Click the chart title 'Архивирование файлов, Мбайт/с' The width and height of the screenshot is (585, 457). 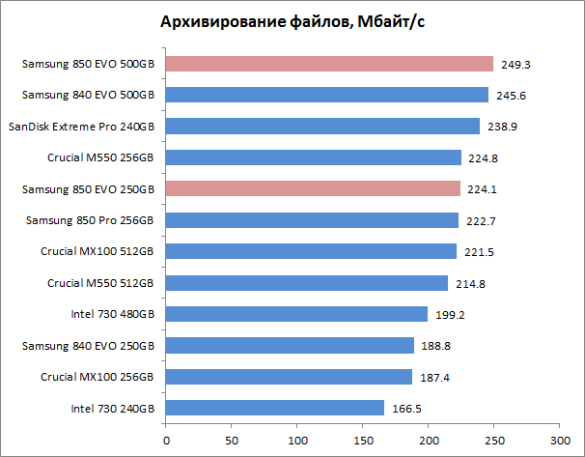[x=292, y=22]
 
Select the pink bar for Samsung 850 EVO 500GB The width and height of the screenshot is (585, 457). [x=329, y=64]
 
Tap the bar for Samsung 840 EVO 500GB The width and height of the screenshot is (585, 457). [x=327, y=95]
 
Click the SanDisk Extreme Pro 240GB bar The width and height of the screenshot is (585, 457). [x=323, y=126]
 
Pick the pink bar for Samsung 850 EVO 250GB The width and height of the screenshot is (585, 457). [x=314, y=188]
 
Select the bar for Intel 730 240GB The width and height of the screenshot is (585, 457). [x=275, y=408]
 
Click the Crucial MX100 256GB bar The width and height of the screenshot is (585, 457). [x=290, y=377]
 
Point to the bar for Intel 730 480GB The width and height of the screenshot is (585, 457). [x=296, y=314]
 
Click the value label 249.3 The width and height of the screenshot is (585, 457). [x=515, y=65]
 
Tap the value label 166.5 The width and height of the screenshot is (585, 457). [x=405, y=409]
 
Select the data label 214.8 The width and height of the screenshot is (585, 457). [x=469, y=283]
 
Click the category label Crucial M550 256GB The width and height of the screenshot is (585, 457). [x=100, y=157]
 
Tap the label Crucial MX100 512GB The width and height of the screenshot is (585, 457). [x=97, y=251]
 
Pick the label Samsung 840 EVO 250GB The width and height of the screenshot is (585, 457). [x=92, y=345]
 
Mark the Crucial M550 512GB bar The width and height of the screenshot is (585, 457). [x=307, y=282]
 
